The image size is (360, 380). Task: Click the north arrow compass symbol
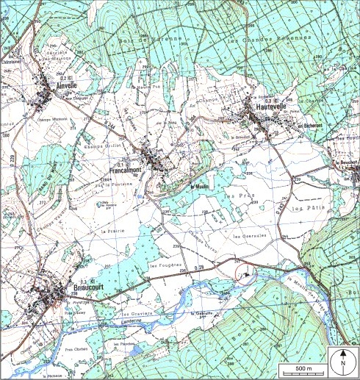click(342, 361)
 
